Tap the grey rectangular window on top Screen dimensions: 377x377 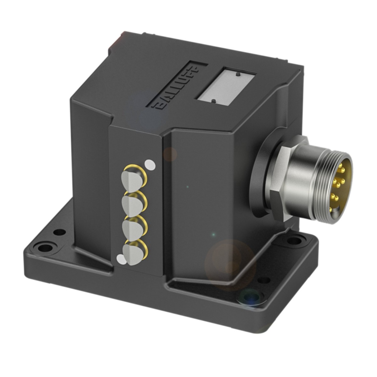tap(226, 85)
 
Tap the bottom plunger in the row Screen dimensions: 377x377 tap(131, 252)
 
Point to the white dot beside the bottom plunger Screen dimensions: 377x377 tap(120, 259)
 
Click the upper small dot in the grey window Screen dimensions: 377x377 tap(238, 74)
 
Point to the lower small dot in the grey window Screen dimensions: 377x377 tap(213, 101)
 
